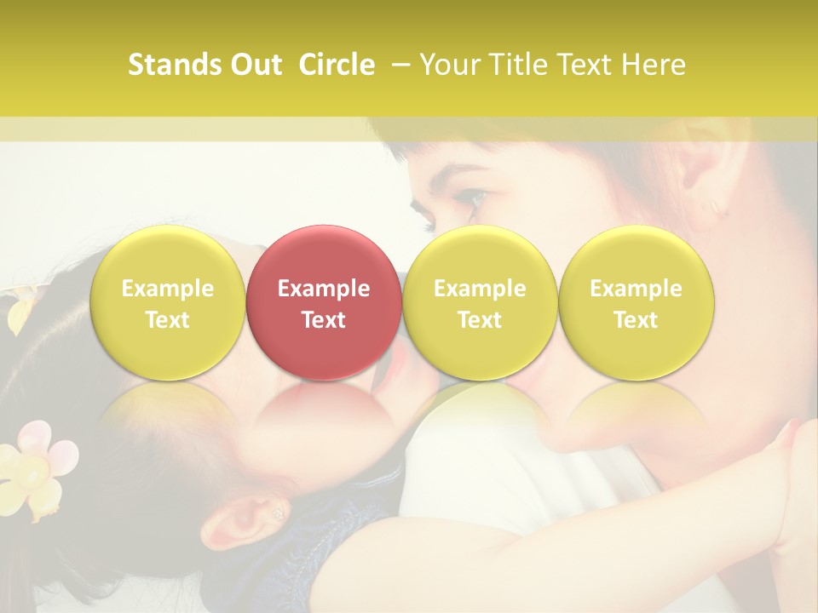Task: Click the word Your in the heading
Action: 448,65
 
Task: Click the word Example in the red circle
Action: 324,289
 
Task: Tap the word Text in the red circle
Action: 324,320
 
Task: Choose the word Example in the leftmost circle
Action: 168,289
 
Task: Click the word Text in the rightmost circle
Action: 636,320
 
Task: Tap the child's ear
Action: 256,517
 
